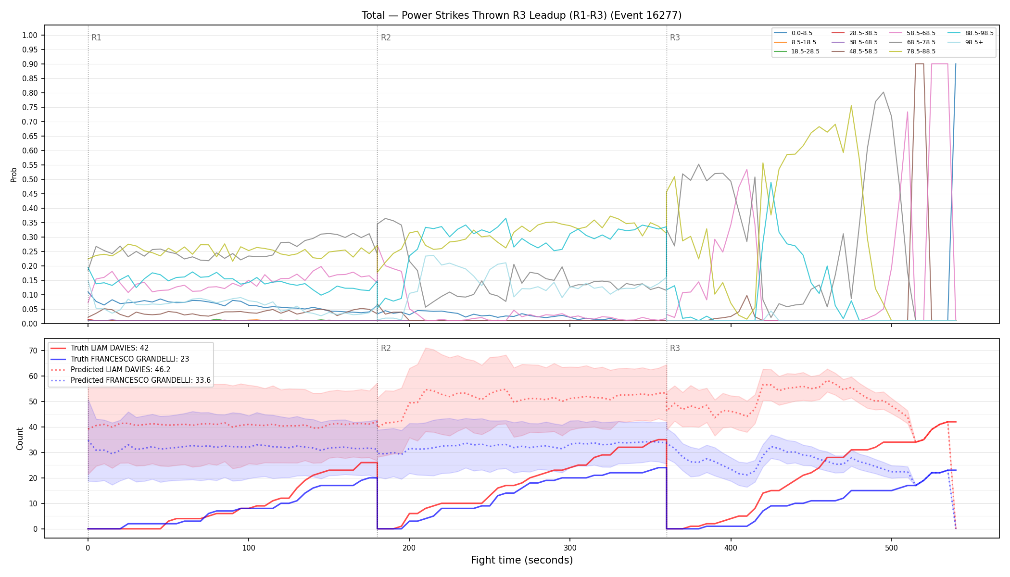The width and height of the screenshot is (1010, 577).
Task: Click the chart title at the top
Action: pos(521,15)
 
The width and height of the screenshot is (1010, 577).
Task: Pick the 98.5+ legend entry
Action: pos(966,42)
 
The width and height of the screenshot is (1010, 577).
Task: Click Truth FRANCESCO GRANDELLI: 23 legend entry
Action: pos(126,359)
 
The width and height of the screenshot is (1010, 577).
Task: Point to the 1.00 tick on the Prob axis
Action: pos(30,35)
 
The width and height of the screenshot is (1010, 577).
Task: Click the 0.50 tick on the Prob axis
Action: pos(30,179)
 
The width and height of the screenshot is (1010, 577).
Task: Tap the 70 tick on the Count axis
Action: pos(33,351)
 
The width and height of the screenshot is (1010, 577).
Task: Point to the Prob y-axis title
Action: pos(14,175)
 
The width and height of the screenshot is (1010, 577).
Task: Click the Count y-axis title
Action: pos(20,439)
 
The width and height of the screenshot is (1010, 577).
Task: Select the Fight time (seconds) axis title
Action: pos(522,560)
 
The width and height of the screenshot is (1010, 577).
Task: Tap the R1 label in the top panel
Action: pos(96,38)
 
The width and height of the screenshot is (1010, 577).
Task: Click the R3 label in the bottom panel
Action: pos(675,348)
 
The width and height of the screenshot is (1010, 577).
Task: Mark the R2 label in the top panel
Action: pos(386,38)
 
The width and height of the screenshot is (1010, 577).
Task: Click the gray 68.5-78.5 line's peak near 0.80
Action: pos(884,92)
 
